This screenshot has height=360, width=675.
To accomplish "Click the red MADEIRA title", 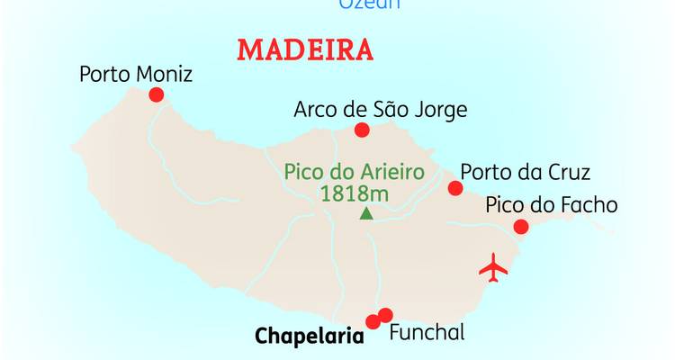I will (x=305, y=49).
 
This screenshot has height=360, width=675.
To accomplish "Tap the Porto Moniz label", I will (x=136, y=74).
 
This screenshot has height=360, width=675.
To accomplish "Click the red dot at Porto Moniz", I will (x=157, y=94).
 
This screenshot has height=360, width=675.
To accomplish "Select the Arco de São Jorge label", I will (x=381, y=110).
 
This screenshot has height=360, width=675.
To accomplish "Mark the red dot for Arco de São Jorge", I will (x=362, y=130).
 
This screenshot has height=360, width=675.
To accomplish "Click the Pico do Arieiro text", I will (x=354, y=171).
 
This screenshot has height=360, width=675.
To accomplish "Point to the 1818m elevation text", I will (x=354, y=192).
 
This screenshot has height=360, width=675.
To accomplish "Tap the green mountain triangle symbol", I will (x=365, y=213).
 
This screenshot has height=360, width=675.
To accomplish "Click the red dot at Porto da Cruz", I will (x=455, y=188).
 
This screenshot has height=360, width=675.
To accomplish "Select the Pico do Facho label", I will (x=552, y=204).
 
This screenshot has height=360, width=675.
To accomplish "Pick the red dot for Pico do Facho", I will (x=520, y=226).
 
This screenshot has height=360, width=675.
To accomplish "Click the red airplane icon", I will (x=493, y=267).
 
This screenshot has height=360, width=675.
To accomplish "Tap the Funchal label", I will (x=427, y=332).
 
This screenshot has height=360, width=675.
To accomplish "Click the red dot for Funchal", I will (x=386, y=315).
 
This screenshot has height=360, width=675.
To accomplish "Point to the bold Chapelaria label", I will (x=309, y=337).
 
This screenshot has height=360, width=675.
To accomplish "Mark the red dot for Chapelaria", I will (x=373, y=322).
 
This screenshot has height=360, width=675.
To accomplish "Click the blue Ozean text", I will (x=369, y=4).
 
